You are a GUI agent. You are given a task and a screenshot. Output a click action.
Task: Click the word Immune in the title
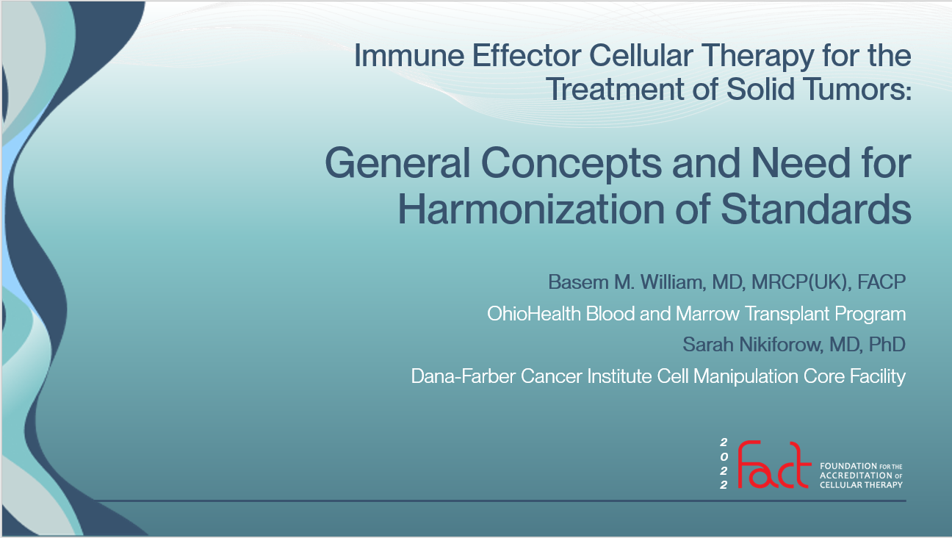coord(409,56)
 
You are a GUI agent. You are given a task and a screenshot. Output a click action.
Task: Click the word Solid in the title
coord(760,90)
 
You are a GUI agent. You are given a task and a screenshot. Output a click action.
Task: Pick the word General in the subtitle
coord(397,163)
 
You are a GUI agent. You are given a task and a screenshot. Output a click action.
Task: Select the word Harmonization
coord(531,209)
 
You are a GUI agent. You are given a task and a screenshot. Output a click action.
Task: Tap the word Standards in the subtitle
coord(816,209)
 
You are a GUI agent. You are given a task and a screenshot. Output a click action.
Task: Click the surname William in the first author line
coord(673,282)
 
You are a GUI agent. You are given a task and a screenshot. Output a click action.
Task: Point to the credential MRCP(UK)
coord(801,282)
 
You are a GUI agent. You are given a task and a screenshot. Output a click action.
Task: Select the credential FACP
coord(881,282)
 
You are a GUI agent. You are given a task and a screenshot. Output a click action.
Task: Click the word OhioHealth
coord(534,313)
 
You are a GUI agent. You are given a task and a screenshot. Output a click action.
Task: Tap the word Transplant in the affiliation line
coord(787,315)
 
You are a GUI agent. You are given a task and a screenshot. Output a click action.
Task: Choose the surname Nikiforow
coord(781,345)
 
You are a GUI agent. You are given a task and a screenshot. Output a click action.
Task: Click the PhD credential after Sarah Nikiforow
coord(887,345)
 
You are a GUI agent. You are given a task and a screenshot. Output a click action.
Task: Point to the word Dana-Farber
coord(464,376)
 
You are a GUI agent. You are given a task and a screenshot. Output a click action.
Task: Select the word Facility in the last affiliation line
coord(878,377)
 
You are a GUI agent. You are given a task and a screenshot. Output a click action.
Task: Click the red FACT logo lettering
coord(774,465)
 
